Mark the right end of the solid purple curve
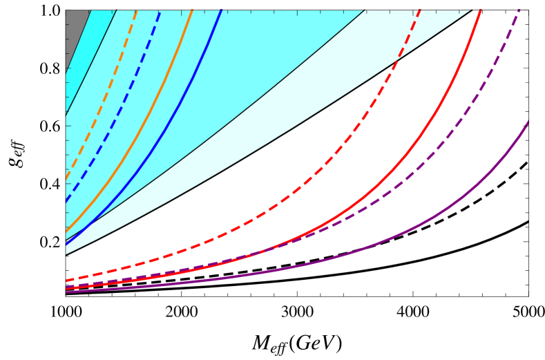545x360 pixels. [528, 122]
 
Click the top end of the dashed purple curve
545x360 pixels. [519, 10]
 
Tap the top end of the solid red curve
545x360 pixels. [480, 10]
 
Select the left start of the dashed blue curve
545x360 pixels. [66, 201]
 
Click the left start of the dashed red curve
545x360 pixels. [66, 281]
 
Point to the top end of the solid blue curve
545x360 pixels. [221, 10]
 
